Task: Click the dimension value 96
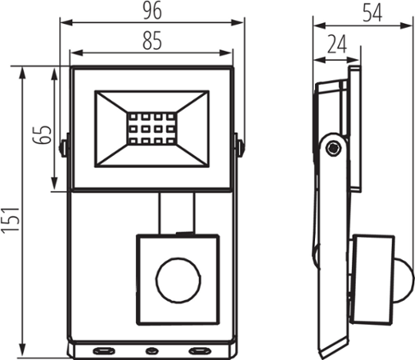point(152,12)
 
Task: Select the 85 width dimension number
point(152,40)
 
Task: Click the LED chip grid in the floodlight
point(150,128)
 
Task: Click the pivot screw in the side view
point(333,147)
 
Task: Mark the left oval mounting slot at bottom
point(103,350)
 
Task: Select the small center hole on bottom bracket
point(150,350)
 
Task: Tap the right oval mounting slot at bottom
point(196,350)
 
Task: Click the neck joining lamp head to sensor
point(176,212)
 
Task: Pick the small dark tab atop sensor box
point(183,234)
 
